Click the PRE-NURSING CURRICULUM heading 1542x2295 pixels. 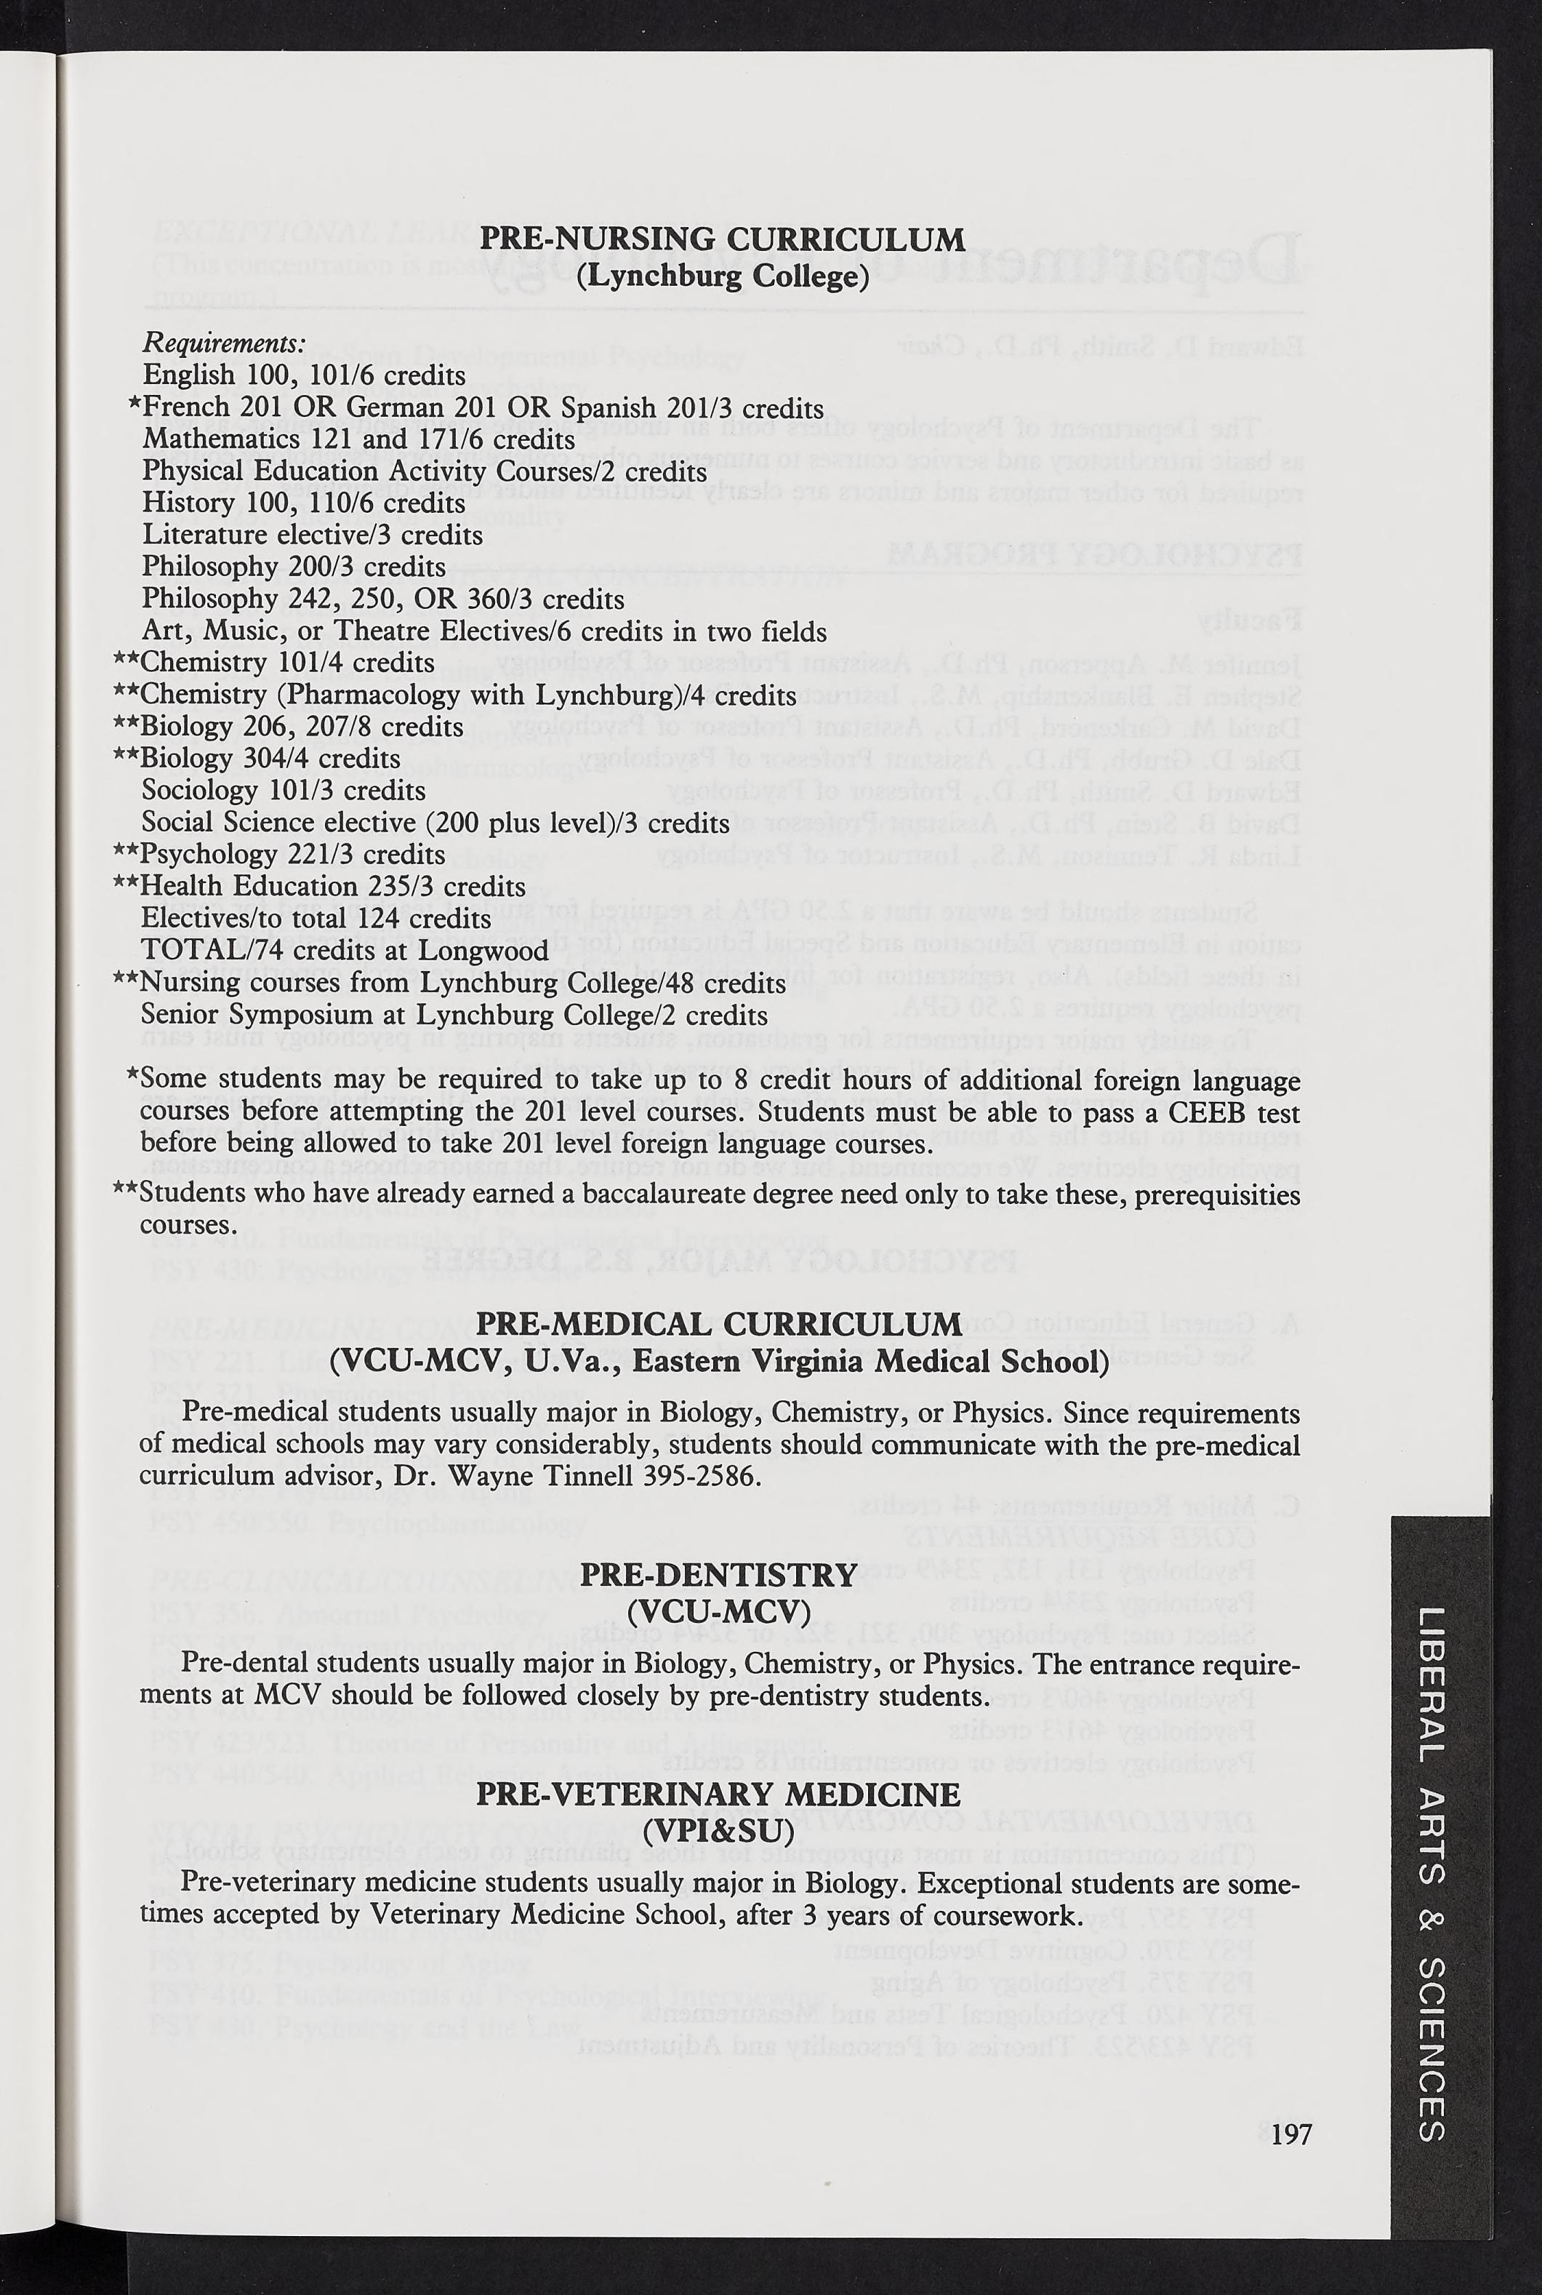point(722,239)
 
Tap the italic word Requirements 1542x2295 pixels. point(223,343)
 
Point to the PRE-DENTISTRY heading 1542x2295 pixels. point(719,1575)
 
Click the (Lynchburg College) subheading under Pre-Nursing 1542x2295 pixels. point(722,276)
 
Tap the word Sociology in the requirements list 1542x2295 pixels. point(201,790)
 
